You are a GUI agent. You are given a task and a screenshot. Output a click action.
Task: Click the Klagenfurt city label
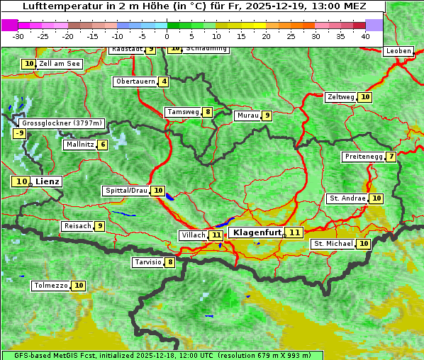coord(257,232)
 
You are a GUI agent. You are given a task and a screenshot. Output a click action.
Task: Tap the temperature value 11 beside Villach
coord(216,235)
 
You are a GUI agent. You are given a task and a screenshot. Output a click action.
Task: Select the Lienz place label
coord(48,181)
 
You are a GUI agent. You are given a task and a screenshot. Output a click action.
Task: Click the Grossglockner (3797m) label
coord(62,123)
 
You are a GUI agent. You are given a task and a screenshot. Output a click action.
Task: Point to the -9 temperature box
coord(20,133)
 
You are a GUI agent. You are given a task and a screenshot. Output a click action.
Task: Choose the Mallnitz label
coord(79,145)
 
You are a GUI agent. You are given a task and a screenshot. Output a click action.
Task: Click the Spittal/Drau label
coord(126,191)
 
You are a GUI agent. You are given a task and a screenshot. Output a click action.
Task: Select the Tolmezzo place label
coord(50,286)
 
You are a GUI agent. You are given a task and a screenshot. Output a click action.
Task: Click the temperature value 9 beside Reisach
coord(100,226)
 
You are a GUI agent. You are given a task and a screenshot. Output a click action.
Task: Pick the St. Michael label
coord(333,244)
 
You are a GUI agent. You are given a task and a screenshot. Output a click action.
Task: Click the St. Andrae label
coord(346,198)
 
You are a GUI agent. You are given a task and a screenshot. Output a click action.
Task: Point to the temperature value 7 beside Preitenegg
coord(391,157)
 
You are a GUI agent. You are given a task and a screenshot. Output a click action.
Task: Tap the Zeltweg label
coord(340,97)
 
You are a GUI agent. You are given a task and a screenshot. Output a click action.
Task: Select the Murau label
coord(247,116)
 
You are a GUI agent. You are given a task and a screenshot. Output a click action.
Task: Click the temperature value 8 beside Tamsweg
coord(207,112)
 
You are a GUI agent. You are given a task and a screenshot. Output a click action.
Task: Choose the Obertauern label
coord(135,81)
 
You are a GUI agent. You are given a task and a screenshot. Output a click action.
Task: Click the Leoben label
coord(398,51)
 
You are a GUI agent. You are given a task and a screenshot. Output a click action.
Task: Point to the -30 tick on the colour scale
coord(18,35)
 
